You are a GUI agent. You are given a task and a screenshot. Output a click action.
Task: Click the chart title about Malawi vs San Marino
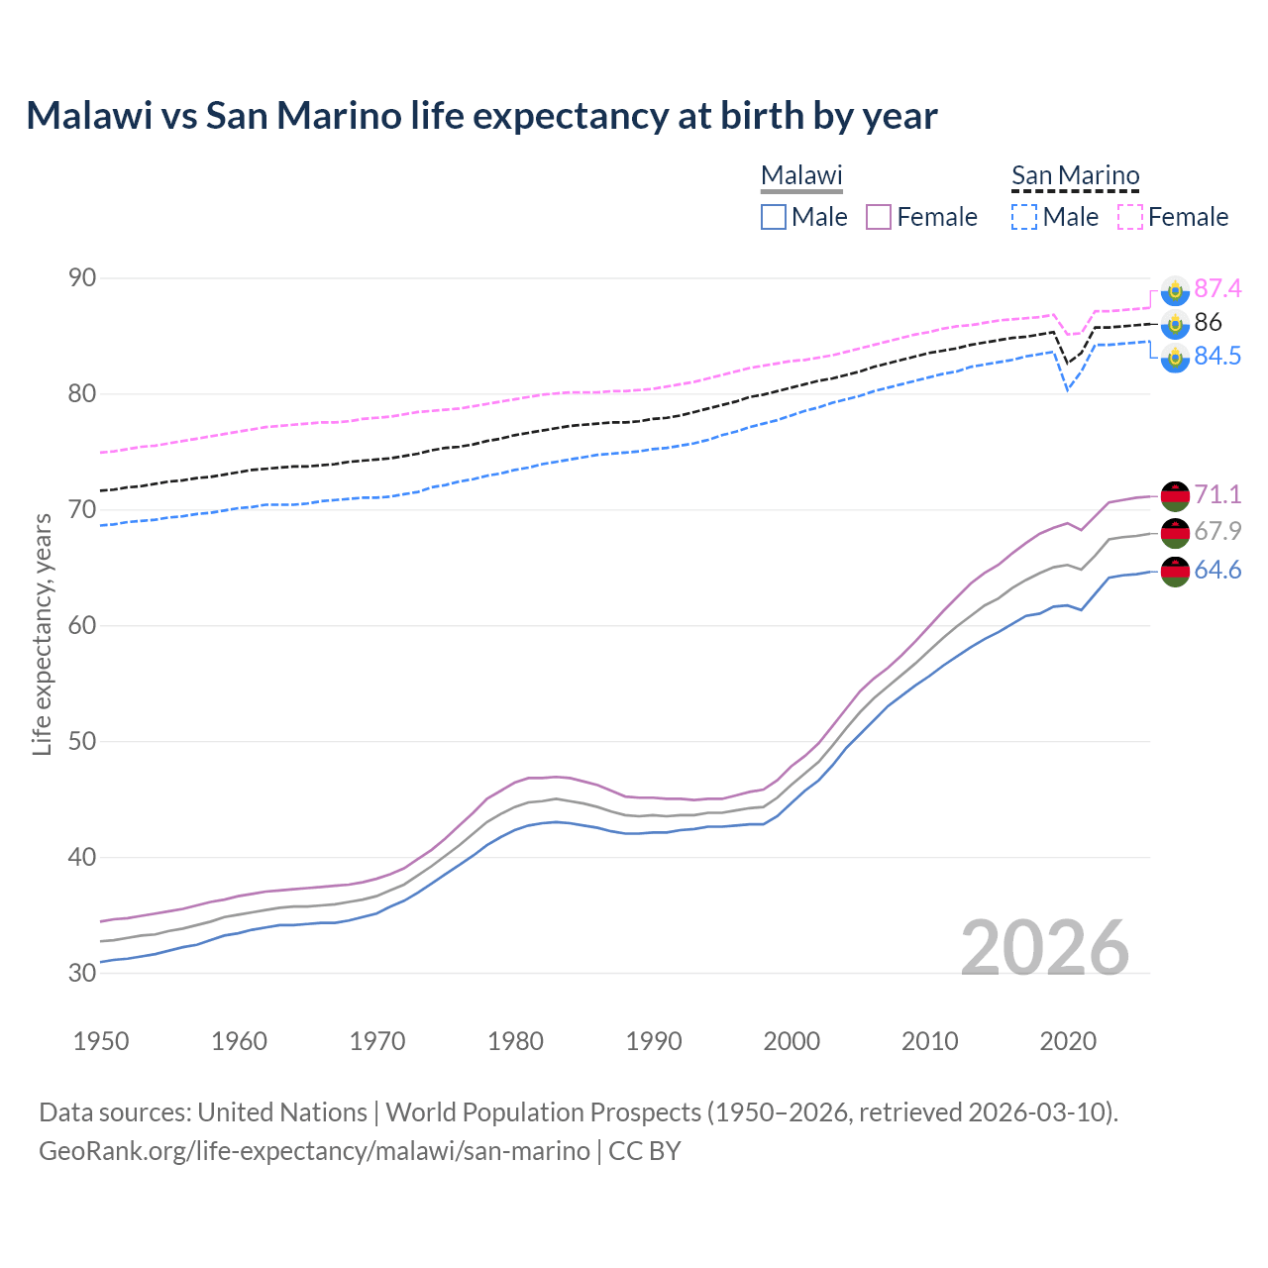tap(481, 116)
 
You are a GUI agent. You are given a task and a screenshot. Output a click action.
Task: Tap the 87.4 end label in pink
tap(1216, 288)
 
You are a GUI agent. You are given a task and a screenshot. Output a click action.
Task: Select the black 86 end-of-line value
tap(1208, 322)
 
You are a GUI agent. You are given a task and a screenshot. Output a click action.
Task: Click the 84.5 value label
tap(1216, 356)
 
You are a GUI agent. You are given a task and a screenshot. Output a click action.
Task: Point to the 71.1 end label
tap(1216, 494)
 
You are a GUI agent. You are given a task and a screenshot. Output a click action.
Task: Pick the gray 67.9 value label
tap(1216, 531)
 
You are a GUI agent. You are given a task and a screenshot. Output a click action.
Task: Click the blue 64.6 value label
tap(1216, 570)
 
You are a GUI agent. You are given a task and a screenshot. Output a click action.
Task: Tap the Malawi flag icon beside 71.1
tap(1175, 495)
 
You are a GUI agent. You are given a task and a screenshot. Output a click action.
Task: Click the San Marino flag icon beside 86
tap(1175, 323)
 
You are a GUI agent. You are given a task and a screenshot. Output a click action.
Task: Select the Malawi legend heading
tap(801, 175)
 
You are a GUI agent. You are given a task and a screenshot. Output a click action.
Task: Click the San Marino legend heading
tap(1075, 175)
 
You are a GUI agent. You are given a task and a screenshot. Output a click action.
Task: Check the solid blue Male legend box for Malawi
tap(774, 217)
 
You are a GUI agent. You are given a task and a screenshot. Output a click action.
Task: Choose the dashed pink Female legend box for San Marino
tap(1130, 217)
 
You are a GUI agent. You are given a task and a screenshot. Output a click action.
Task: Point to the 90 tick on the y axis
tap(82, 278)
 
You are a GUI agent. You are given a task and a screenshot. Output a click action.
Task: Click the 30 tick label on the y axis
tap(82, 973)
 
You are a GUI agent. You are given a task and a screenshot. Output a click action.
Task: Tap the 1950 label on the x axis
tap(101, 1041)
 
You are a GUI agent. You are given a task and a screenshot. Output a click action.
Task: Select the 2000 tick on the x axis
tap(792, 1041)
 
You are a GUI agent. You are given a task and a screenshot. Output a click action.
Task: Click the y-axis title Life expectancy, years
tap(42, 634)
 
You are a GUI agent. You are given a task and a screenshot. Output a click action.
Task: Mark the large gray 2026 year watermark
tap(1044, 948)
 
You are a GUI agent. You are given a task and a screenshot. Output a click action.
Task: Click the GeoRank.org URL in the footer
tap(314, 1151)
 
